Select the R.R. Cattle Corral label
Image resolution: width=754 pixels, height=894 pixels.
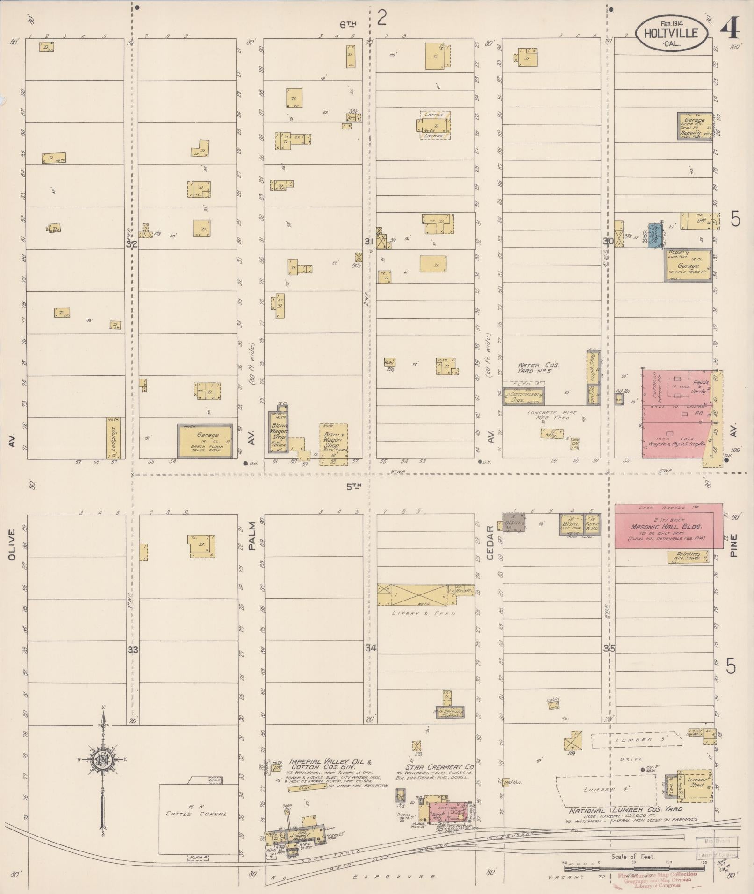click(196, 810)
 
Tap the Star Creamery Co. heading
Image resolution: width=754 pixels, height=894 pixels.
click(440, 767)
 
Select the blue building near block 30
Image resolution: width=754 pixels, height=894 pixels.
click(656, 234)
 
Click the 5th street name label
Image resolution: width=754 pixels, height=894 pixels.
click(354, 486)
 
